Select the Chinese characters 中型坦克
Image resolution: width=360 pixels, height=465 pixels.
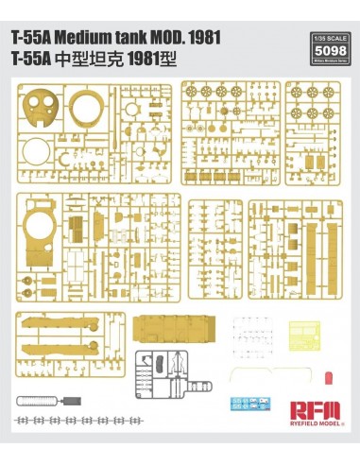point(94,57)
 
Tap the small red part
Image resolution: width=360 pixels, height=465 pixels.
point(327,378)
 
